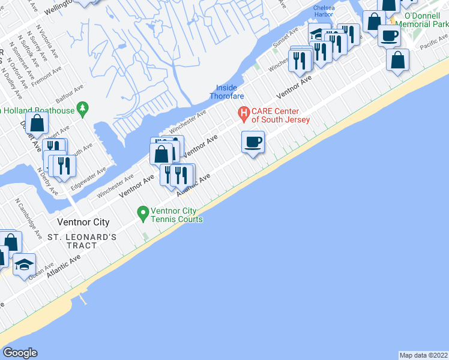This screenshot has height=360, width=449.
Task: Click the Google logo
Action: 20,353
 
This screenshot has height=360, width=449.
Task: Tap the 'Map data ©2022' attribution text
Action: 423,355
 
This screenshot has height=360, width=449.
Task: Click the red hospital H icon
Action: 244,112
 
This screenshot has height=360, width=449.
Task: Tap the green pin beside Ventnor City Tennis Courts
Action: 143,212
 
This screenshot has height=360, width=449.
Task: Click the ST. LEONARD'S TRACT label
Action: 82,241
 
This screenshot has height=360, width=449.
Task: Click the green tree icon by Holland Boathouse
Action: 84,110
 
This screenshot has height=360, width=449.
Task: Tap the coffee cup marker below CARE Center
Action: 253,143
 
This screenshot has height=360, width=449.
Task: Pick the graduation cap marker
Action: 24,265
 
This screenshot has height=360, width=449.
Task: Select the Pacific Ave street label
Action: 433,43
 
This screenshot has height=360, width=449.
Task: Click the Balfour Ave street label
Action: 71,94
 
